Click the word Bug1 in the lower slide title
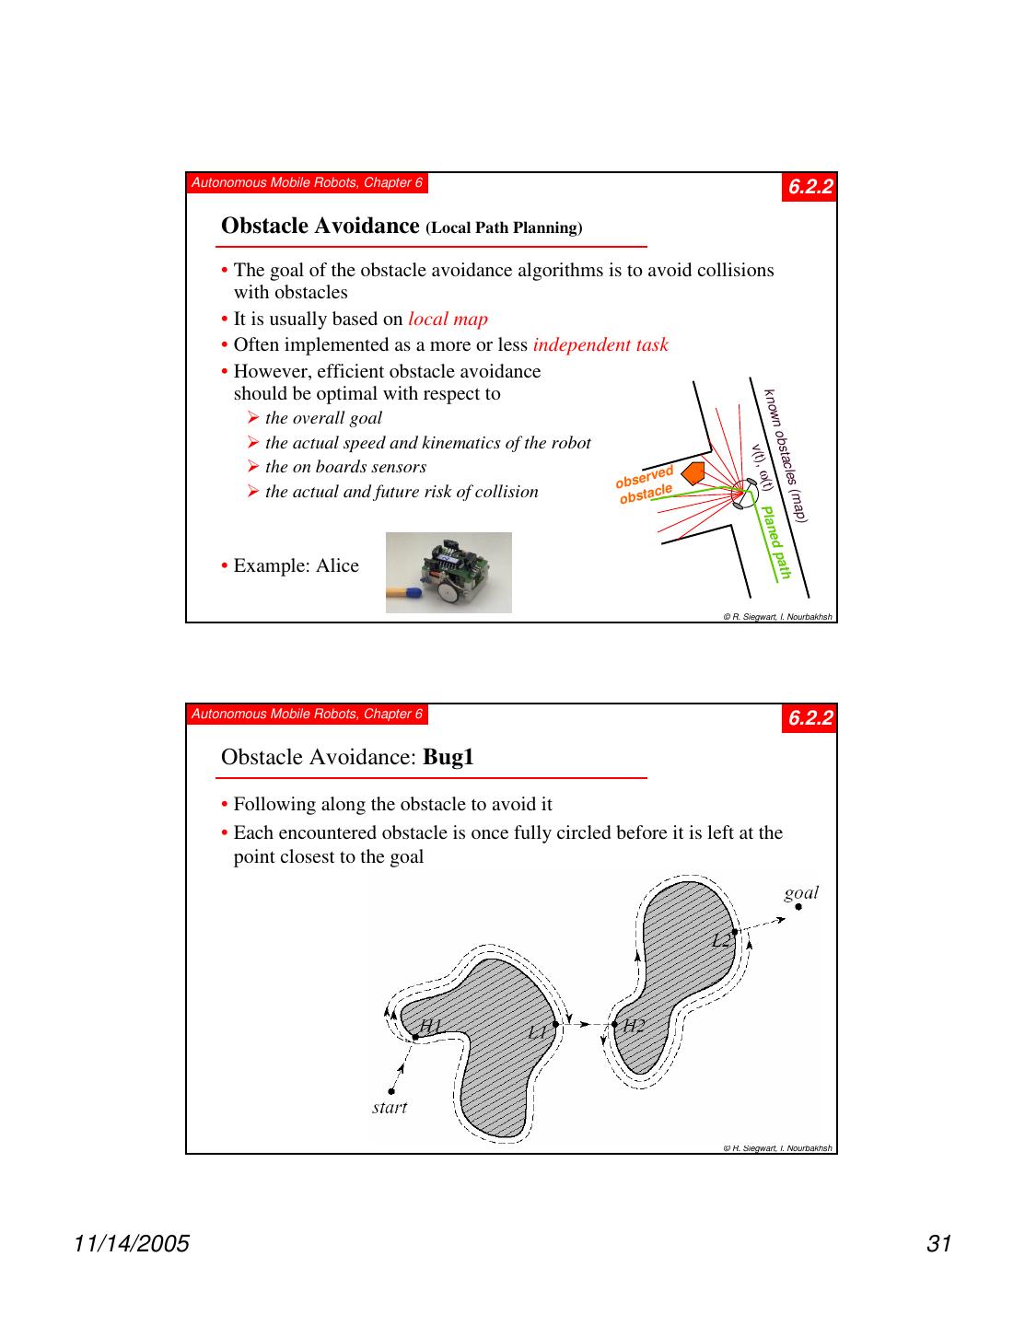(x=448, y=757)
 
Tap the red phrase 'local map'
(x=448, y=319)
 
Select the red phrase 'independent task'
(x=600, y=344)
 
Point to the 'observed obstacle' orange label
(x=646, y=485)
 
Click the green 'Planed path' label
(x=776, y=542)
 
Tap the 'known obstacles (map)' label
(x=786, y=455)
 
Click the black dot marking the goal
(x=798, y=906)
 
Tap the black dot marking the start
(x=391, y=1091)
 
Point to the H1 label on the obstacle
(x=431, y=1025)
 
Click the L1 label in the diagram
(x=539, y=1032)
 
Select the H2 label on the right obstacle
(x=634, y=1026)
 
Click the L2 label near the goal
(x=721, y=940)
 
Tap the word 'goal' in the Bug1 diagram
(x=801, y=891)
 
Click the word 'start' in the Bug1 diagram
(x=390, y=1107)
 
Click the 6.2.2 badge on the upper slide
(x=810, y=187)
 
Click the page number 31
(x=938, y=1244)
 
